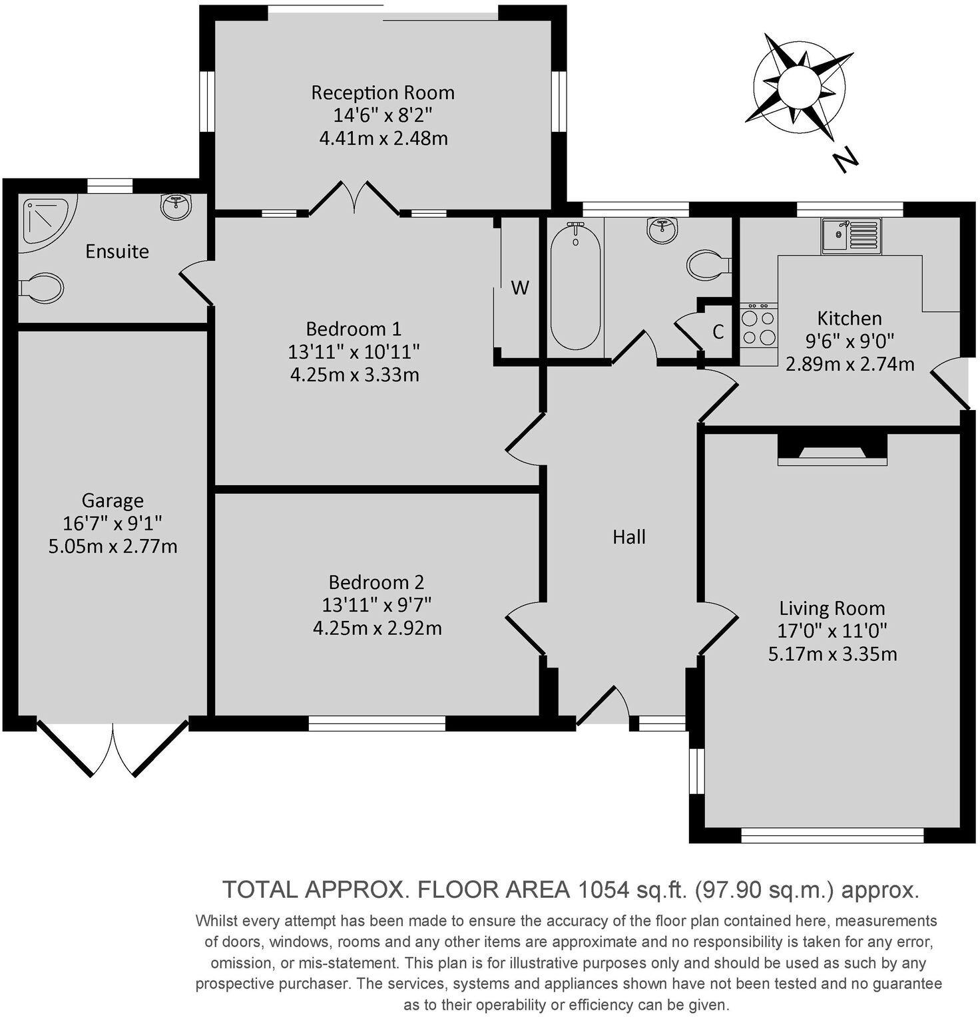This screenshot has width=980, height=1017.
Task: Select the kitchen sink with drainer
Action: (851, 236)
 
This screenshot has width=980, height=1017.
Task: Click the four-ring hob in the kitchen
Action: (759, 325)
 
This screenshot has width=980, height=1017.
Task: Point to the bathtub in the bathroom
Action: (575, 286)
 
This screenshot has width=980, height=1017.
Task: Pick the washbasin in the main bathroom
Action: (662, 230)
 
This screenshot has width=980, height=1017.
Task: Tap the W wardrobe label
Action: (520, 288)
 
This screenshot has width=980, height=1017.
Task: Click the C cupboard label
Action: (718, 332)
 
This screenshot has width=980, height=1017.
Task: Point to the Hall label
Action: (629, 537)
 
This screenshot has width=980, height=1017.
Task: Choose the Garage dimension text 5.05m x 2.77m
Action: (113, 546)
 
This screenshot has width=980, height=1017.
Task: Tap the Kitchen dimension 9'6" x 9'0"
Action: (850, 341)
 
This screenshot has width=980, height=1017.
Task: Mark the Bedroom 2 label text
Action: (376, 582)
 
